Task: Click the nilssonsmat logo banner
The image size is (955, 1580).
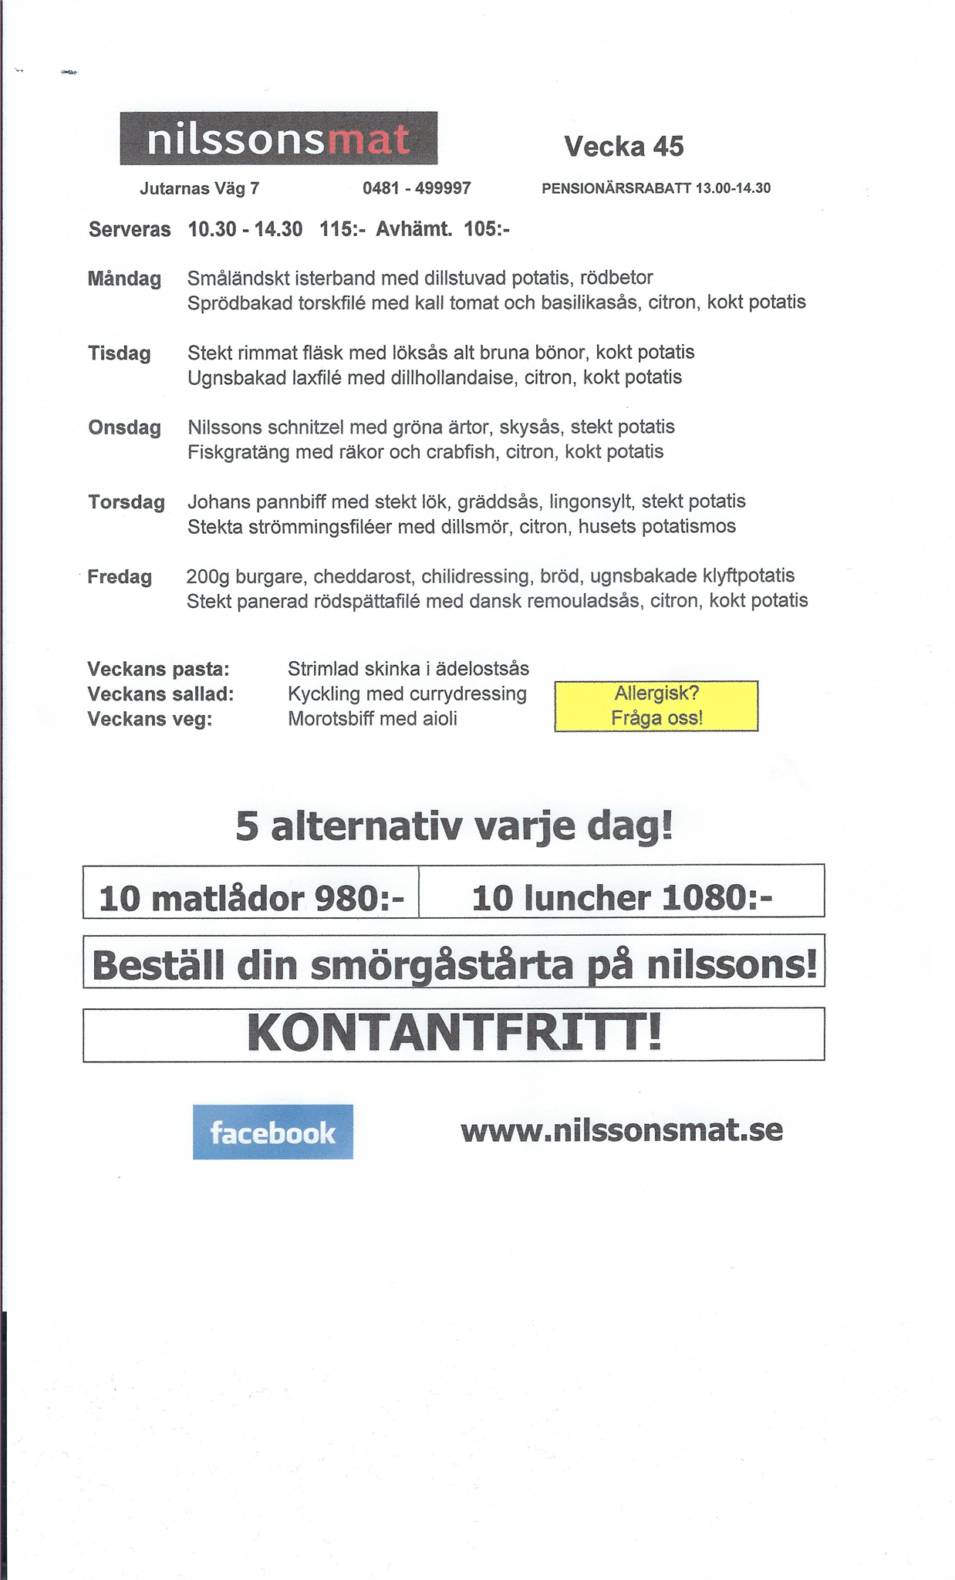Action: pos(278,139)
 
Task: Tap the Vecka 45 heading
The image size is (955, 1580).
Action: pos(623,146)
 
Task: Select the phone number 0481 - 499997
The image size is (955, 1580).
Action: pos(417,188)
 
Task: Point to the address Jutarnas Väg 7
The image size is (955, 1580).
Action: pos(199,188)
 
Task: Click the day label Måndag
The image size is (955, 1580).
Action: pos(124,279)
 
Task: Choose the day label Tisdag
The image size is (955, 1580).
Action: pos(119,353)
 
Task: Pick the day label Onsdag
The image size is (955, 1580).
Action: pos(124,427)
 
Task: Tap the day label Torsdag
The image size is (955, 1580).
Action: pos(126,502)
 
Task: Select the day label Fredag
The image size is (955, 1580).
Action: pos(120,576)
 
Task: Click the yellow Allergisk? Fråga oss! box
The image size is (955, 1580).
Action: pos(656,705)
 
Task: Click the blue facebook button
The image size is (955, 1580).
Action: pos(273,1132)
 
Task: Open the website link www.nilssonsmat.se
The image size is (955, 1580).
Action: pos(622,1130)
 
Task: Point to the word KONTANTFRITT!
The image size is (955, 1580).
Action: pos(454,1034)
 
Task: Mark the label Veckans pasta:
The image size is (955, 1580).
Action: pos(158,669)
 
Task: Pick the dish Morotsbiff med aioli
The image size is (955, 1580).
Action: pos(373,719)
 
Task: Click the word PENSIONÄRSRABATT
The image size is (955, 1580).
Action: pos(616,188)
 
